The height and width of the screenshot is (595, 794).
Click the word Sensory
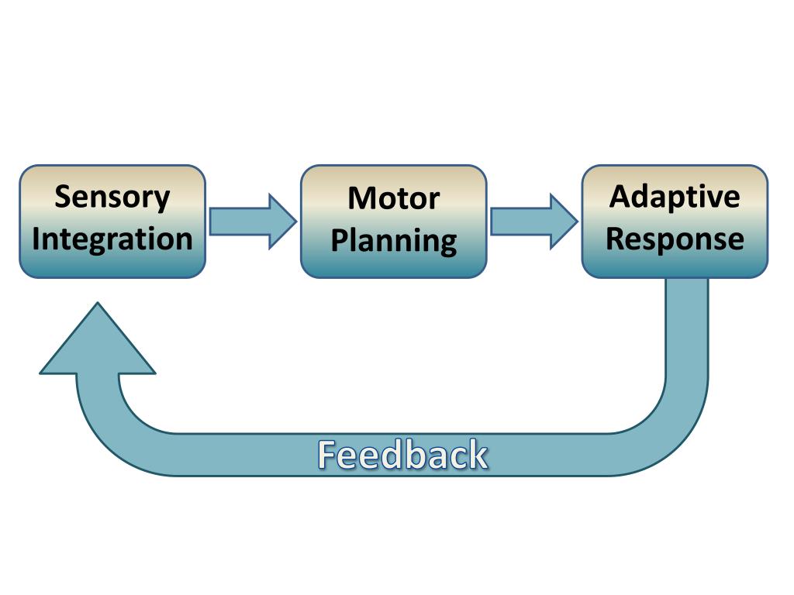pyautogui.click(x=112, y=198)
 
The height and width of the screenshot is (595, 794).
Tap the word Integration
pyautogui.click(x=112, y=239)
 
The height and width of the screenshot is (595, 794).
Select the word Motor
pyautogui.click(x=394, y=198)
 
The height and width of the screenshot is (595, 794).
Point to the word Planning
pyautogui.click(x=394, y=241)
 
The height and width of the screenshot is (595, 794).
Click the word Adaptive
pyautogui.click(x=675, y=197)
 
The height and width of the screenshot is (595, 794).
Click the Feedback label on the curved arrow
pyautogui.click(x=402, y=455)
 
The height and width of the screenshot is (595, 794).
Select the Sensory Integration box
pyautogui.click(x=112, y=222)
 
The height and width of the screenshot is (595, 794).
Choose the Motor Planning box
pyautogui.click(x=394, y=222)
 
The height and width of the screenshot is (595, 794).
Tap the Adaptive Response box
pyautogui.click(x=675, y=222)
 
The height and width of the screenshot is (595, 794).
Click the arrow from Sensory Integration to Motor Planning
pyautogui.click(x=253, y=222)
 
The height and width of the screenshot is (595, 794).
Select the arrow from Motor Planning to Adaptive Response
pyautogui.click(x=534, y=222)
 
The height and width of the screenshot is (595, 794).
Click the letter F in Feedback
pyautogui.click(x=326, y=455)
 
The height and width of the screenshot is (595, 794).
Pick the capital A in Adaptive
pyautogui.click(x=622, y=196)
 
